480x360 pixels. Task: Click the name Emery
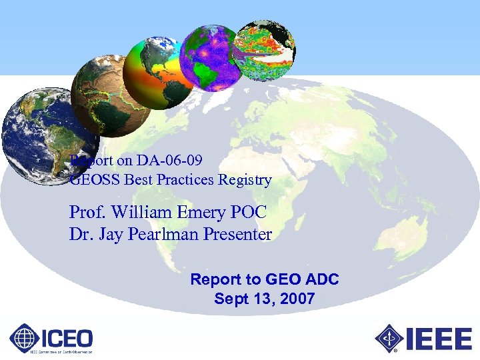coord(201,213)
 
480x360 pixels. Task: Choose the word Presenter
coord(239,235)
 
